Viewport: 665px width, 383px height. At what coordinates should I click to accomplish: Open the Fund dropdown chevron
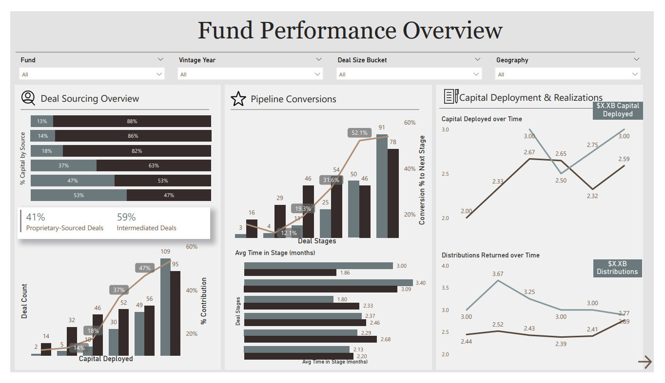click(x=160, y=59)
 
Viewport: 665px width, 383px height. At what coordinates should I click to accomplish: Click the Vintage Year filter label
click(x=197, y=60)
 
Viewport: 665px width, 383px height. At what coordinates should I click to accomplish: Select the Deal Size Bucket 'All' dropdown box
click(x=409, y=74)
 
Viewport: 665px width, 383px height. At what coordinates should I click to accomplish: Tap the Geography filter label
click(x=512, y=60)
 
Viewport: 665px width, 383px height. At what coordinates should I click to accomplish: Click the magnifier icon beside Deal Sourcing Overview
click(x=28, y=98)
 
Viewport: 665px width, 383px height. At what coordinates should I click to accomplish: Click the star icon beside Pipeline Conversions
click(x=238, y=99)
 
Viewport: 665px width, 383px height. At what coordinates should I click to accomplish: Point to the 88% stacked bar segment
click(x=132, y=121)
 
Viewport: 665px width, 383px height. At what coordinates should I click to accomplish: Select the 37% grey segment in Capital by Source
click(x=63, y=165)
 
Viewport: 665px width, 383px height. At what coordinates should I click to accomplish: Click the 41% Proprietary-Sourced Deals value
click(x=35, y=217)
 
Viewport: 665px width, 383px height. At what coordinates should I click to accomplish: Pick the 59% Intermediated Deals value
click(x=126, y=217)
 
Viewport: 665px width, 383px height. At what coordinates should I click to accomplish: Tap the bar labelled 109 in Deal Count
click(x=165, y=307)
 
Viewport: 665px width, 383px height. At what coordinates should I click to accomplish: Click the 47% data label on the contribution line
click(x=145, y=268)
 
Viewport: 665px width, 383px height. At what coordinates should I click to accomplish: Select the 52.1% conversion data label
click(x=359, y=133)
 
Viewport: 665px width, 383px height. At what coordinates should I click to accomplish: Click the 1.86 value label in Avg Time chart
click(x=345, y=273)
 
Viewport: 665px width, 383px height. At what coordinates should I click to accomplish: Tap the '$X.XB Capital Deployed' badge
click(x=617, y=110)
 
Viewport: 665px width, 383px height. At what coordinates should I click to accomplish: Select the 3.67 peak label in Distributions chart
click(x=497, y=274)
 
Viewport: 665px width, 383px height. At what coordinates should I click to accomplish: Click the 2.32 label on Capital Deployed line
click(x=592, y=196)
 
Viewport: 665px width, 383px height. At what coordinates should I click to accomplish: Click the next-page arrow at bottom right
click(x=645, y=362)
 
